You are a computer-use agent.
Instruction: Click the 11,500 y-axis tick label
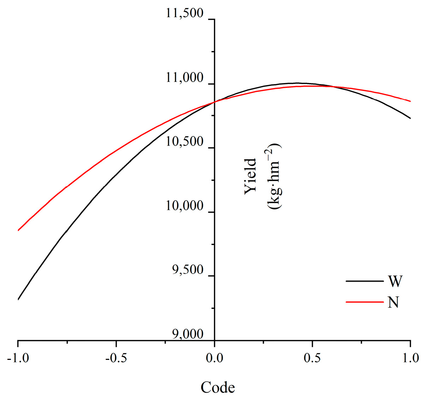185,14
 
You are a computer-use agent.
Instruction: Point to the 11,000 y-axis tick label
185,78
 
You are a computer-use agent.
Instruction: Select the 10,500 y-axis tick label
185,142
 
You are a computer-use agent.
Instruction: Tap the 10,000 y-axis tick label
185,206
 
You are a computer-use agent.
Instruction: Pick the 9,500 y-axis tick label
188,270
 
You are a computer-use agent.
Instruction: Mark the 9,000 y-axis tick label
188,335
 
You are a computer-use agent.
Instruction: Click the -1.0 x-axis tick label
17,358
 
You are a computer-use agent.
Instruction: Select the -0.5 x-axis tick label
116,358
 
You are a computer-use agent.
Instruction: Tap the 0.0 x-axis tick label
214,358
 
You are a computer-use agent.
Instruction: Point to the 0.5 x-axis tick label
312,358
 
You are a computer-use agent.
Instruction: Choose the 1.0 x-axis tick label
410,358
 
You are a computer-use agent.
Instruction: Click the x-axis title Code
218,388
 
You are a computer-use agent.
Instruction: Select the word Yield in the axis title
250,176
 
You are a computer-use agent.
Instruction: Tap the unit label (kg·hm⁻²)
274,176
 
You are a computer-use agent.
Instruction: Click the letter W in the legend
395,281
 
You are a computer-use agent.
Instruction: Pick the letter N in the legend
394,302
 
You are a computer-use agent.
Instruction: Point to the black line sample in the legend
364,281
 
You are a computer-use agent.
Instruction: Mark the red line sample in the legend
364,302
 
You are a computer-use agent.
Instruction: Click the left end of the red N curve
18,230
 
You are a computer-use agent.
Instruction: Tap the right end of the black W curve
410,118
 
